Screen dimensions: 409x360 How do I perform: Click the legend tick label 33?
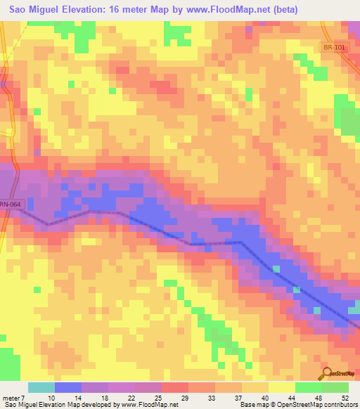pos(212,397)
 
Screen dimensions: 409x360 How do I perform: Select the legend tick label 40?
pos(266,397)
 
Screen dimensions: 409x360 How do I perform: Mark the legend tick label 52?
pos(346,397)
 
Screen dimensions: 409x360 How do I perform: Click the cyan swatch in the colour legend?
pos(41,387)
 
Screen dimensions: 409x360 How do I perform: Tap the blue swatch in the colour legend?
pos(68,387)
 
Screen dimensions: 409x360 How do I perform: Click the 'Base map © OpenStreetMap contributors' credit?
pos(298,405)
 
